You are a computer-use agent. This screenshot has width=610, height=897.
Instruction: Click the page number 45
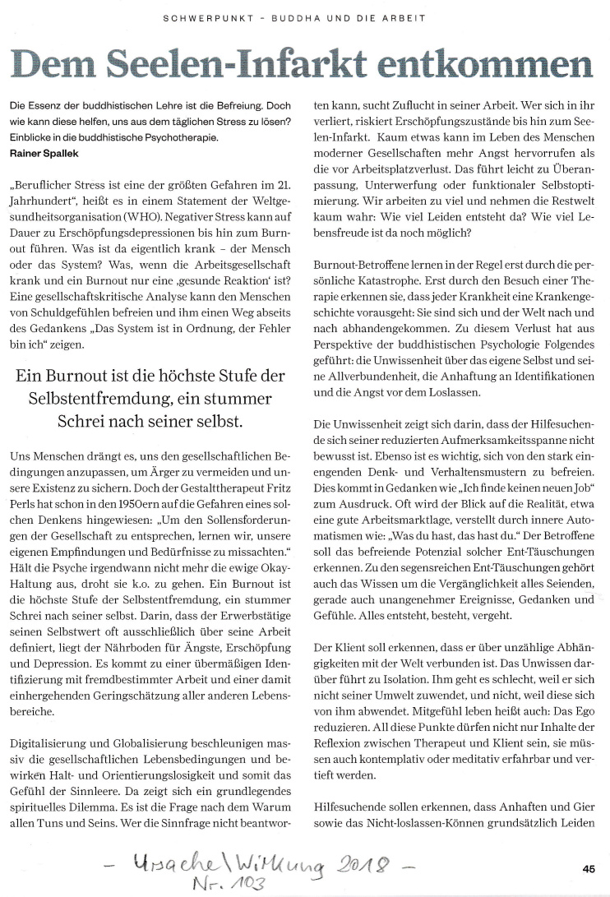588,867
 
